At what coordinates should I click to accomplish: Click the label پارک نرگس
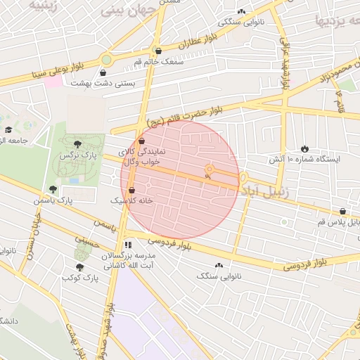[x=77, y=154]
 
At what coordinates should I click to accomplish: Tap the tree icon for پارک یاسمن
[x=53, y=189]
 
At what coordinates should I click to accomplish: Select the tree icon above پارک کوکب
[x=79, y=267]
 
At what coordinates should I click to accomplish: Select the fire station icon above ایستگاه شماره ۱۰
[x=304, y=148]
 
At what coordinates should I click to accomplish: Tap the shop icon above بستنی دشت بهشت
[x=103, y=72]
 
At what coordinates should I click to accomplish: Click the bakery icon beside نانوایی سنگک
[x=219, y=265]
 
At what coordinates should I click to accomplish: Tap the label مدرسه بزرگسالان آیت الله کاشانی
[x=128, y=261]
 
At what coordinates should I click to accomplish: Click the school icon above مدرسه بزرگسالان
[x=128, y=245]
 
